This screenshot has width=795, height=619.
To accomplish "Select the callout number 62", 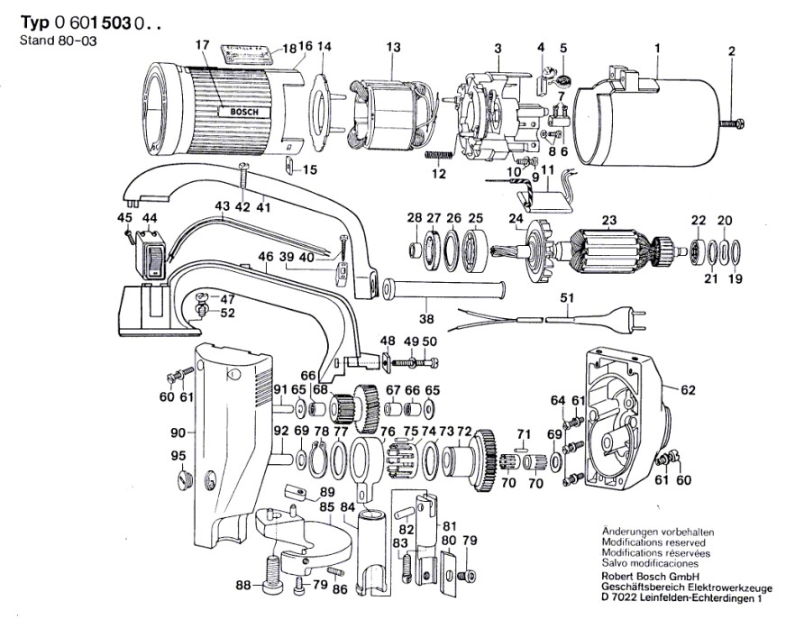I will pos(689,391).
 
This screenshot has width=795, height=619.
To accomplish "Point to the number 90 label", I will pos(179,432).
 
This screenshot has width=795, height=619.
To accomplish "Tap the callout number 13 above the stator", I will pos(392,47).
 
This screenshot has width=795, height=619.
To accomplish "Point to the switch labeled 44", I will pos(150,254).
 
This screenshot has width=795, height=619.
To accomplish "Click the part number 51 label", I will pos(567,298).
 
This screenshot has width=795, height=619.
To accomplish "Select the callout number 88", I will pos(242,586).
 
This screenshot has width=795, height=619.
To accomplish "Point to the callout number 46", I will pos(265,257).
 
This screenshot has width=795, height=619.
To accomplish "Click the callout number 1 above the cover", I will pos(658,47).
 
